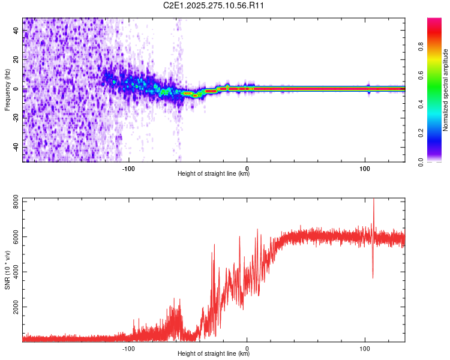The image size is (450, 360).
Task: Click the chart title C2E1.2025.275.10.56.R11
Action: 214,5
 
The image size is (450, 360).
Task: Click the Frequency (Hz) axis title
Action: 7,89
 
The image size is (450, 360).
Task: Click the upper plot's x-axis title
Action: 214,174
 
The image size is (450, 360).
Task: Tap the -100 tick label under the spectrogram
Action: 128,169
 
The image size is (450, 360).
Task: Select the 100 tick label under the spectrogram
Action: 365,169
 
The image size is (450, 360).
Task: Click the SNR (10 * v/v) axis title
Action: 7,269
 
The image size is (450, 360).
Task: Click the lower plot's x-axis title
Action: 214,353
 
